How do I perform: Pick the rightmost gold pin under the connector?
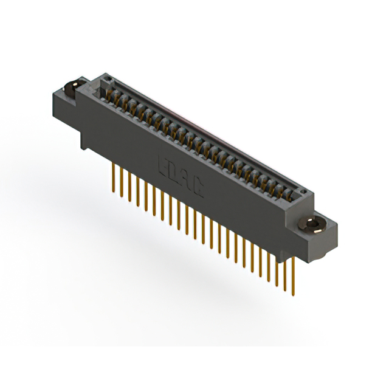tap(294, 277)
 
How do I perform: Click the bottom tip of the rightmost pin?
tap(294, 296)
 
